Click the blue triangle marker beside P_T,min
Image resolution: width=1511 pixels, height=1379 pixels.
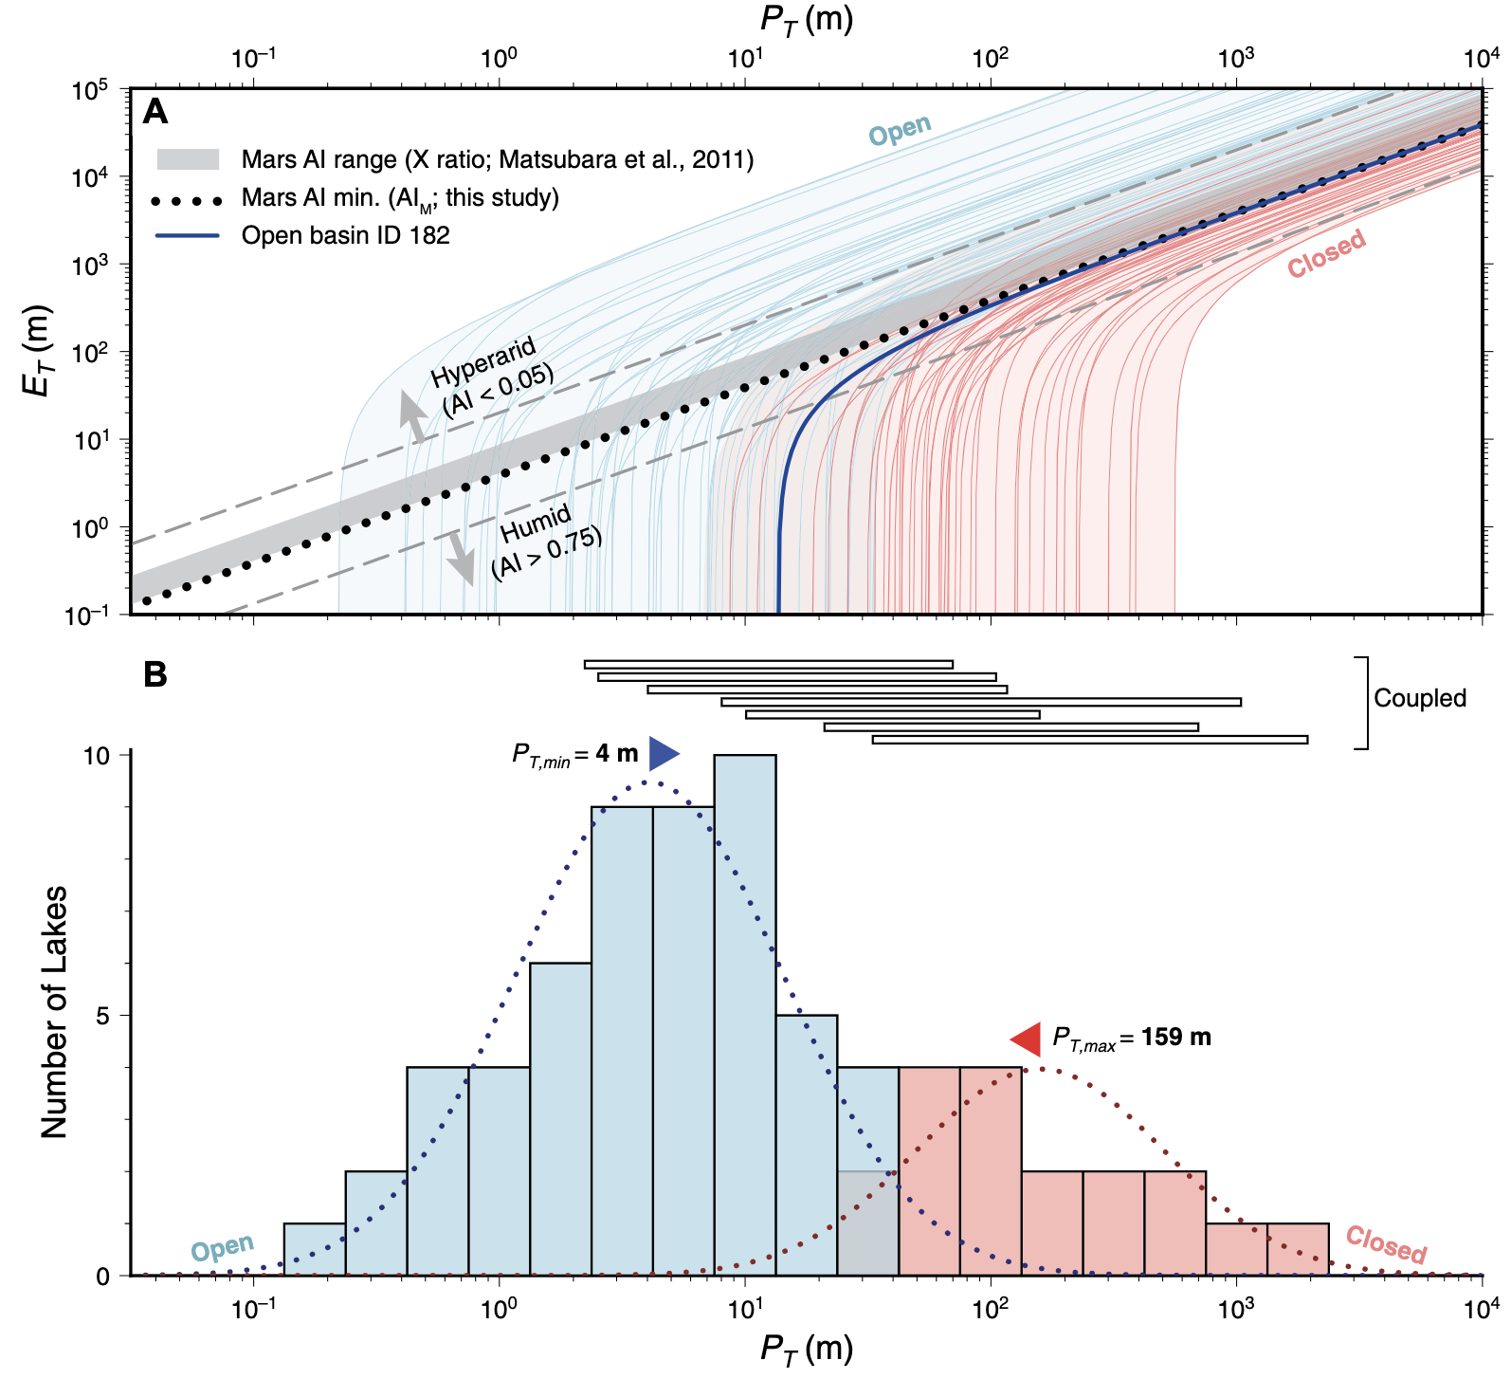click(x=664, y=754)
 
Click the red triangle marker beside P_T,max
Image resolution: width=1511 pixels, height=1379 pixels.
click(x=1027, y=1039)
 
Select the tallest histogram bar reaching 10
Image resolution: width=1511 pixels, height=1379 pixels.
click(x=745, y=1015)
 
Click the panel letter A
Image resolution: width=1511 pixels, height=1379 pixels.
click(x=155, y=113)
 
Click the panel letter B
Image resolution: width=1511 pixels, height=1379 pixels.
click(x=155, y=675)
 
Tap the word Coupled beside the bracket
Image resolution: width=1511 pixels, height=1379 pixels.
click(x=1419, y=698)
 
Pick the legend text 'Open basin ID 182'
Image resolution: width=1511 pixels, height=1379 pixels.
click(x=345, y=235)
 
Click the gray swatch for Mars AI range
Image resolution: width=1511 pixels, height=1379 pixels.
click(x=188, y=159)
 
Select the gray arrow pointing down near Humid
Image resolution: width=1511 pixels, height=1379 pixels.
click(x=462, y=557)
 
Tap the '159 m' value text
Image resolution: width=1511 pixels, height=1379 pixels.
click(x=1175, y=1038)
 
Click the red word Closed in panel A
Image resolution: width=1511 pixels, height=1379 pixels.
click(x=1326, y=253)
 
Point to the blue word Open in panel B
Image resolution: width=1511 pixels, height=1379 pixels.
click(x=223, y=1248)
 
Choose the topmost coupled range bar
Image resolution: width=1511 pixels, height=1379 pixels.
click(x=768, y=664)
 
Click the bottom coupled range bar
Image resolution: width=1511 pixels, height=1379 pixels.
click(x=1089, y=740)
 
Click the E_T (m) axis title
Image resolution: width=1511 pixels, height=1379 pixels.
click(x=39, y=350)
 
